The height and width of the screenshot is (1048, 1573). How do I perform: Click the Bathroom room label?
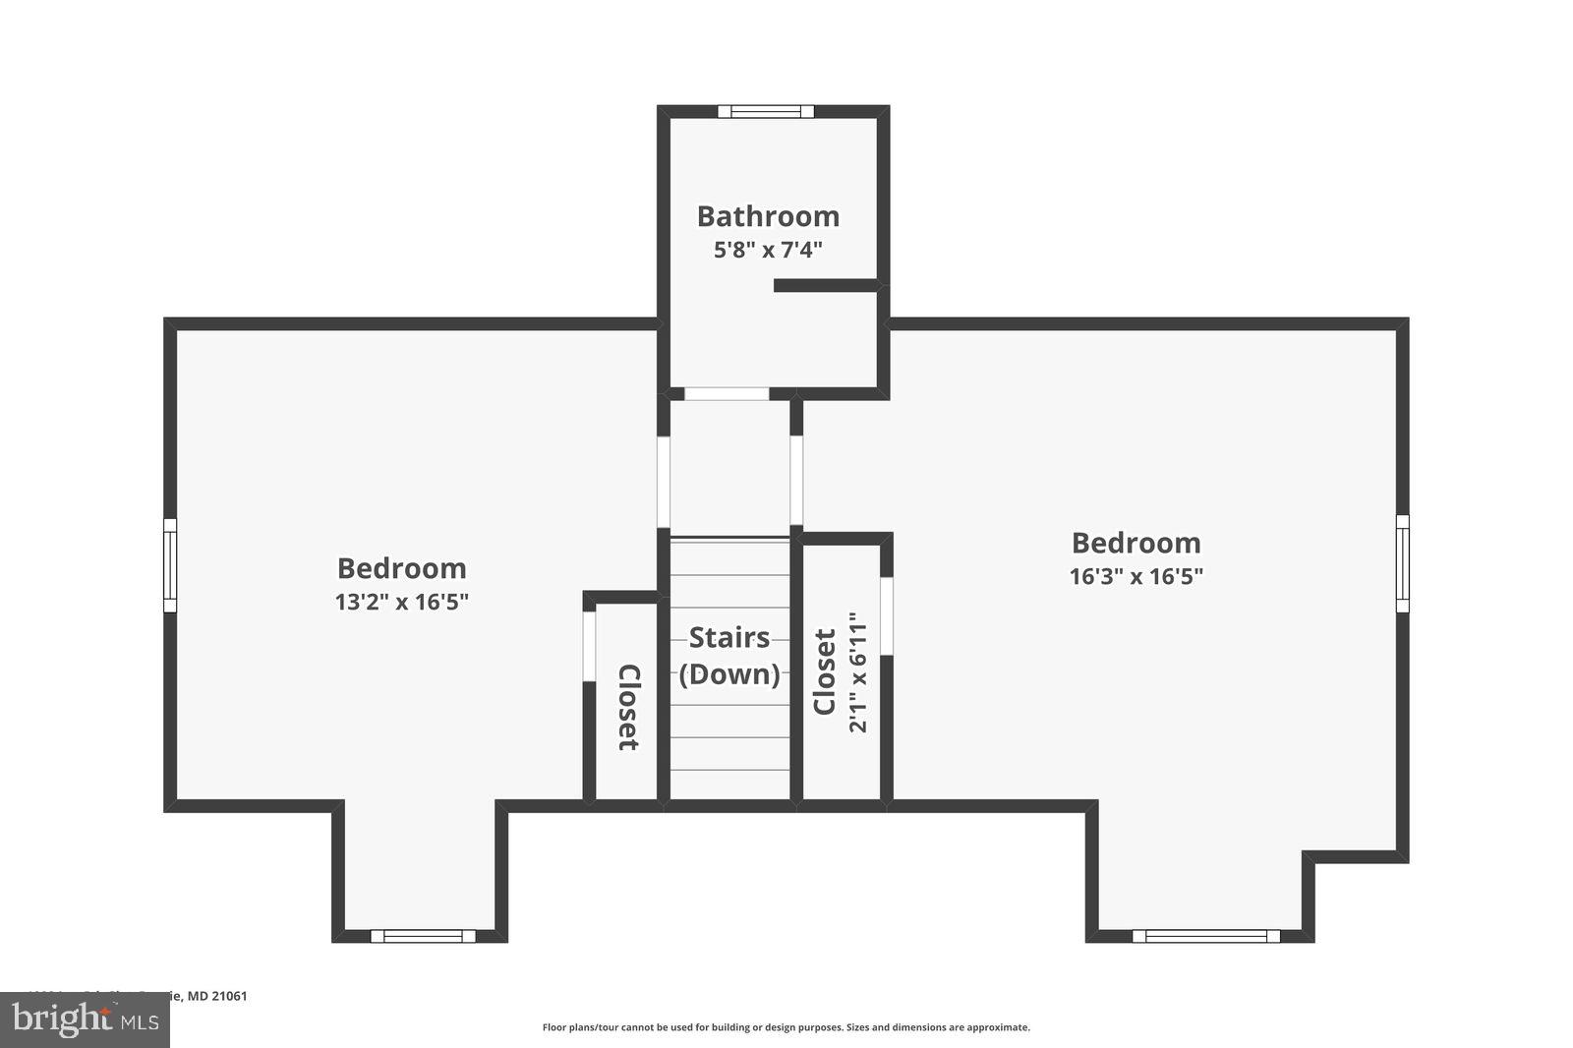click(768, 216)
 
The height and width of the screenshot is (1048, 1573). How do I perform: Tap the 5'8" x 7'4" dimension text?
click(767, 250)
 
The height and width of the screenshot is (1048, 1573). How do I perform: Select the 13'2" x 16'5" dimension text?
click(401, 602)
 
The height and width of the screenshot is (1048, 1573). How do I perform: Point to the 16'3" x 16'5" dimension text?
click(1136, 576)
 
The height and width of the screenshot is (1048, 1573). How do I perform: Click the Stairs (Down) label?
click(729, 656)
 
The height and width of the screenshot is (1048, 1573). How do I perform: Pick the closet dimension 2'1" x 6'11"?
click(858, 672)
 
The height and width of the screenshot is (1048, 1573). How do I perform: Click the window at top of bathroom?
click(766, 111)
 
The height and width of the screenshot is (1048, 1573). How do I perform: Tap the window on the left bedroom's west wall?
click(169, 565)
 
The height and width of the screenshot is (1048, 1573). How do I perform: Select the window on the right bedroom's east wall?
click(1403, 562)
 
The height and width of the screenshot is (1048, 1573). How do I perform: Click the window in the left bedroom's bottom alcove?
click(423, 936)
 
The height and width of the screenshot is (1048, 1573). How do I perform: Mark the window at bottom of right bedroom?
click(1206, 936)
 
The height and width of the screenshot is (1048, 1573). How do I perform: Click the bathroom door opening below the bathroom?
click(727, 393)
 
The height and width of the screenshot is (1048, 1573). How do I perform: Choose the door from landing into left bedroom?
click(664, 482)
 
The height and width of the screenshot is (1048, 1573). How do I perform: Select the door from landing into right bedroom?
click(796, 482)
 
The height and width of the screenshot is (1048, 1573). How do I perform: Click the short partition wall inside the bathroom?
click(826, 285)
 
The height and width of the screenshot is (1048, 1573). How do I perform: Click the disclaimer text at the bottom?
click(786, 1027)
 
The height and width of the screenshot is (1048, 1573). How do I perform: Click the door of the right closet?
click(886, 615)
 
